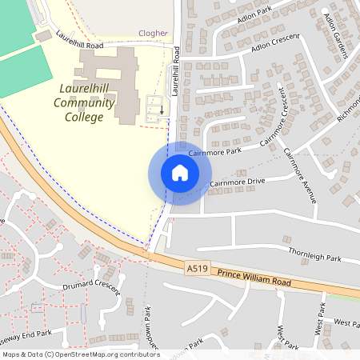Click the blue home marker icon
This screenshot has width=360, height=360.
pyautogui.click(x=180, y=173)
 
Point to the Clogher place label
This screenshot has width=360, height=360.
pyautogui.click(x=153, y=34)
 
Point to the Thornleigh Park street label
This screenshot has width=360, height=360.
pyautogui.click(x=314, y=258)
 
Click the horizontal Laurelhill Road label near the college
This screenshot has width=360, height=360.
pyautogui.click(x=80, y=41)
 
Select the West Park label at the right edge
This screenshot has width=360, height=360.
pyautogui.click(x=346, y=323)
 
